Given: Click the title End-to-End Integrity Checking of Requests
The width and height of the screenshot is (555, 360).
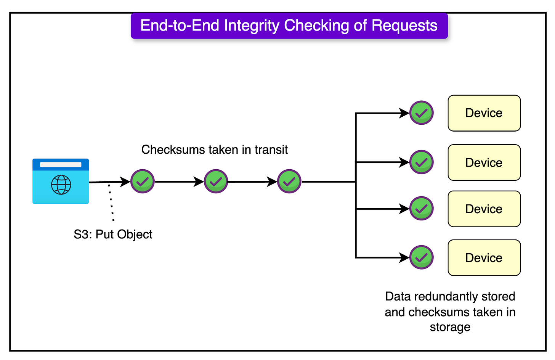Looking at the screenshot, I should pyautogui.click(x=289, y=26).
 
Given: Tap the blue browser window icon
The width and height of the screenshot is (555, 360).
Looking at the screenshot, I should pyautogui.click(x=61, y=182).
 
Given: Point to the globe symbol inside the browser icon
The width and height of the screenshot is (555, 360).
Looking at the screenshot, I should pyautogui.click(x=61, y=185).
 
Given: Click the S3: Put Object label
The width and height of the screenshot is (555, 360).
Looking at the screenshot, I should pyautogui.click(x=113, y=234).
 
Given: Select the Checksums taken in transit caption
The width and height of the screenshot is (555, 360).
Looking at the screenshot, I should pyautogui.click(x=214, y=149).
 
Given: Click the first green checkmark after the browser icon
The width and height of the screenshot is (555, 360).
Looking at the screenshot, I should pyautogui.click(x=143, y=182).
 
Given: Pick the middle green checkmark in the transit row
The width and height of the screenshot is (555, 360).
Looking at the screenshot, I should pyautogui.click(x=216, y=182).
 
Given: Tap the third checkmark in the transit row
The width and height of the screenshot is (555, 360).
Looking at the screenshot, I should pyautogui.click(x=289, y=182).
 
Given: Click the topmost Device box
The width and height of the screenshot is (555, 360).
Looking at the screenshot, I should pyautogui.click(x=484, y=113).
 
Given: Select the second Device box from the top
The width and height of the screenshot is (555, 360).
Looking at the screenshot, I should pyautogui.click(x=484, y=162).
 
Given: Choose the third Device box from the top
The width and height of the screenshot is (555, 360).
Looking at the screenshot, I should pyautogui.click(x=484, y=209).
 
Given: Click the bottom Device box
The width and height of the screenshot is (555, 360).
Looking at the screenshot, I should pyautogui.click(x=484, y=258).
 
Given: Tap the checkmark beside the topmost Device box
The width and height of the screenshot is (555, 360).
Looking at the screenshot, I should pyautogui.click(x=421, y=113).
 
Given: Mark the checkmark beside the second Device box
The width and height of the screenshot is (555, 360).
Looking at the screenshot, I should pyautogui.click(x=421, y=162).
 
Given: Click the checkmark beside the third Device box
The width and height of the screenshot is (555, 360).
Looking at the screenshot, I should pyautogui.click(x=421, y=209).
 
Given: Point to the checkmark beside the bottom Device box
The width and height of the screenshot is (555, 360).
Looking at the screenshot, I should pyautogui.click(x=421, y=257).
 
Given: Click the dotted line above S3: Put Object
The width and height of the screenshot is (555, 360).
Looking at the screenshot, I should pyautogui.click(x=111, y=202).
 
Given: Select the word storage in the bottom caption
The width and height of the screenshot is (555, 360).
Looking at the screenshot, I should pyautogui.click(x=450, y=327).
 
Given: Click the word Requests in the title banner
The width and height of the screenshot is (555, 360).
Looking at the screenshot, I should pyautogui.click(x=404, y=26).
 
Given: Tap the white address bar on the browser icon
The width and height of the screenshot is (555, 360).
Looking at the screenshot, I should pyautogui.click(x=61, y=165).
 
